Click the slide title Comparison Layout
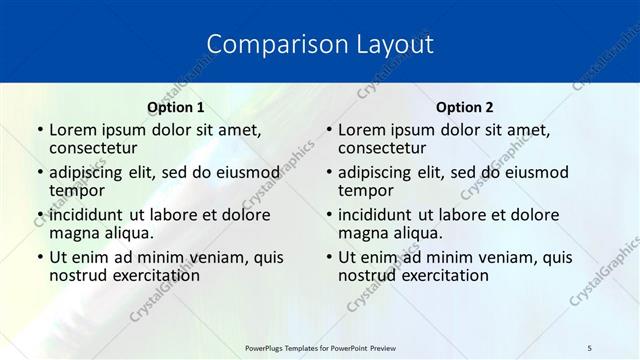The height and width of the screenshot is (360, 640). [320, 44]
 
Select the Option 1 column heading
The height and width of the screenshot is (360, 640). [175, 107]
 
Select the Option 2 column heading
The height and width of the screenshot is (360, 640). [464, 107]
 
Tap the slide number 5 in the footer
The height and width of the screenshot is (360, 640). [590, 347]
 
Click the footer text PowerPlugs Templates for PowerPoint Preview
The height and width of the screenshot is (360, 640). [320, 347]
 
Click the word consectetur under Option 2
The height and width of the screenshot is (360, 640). [381, 148]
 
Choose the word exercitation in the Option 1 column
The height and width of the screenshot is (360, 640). [151, 275]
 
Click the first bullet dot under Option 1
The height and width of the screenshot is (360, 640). [39, 130]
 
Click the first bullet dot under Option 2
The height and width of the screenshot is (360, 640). [328, 130]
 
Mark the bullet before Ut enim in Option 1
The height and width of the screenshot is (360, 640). [39, 257]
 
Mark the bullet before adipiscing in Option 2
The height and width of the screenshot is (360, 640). [328, 172]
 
